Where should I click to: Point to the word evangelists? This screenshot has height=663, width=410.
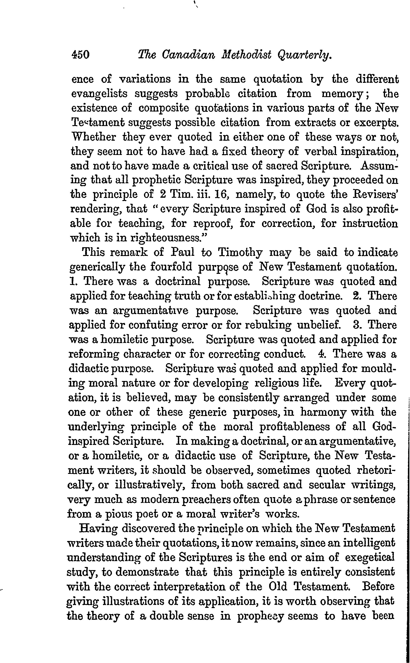(99, 94)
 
